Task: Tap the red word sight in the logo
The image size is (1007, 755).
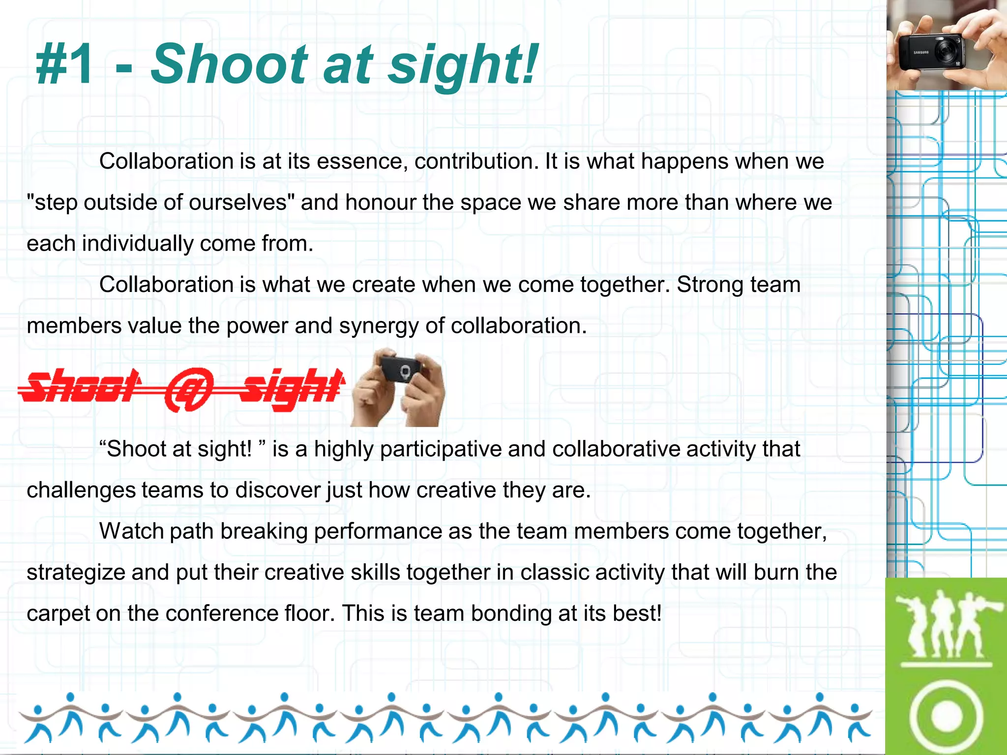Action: click(x=293, y=388)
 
